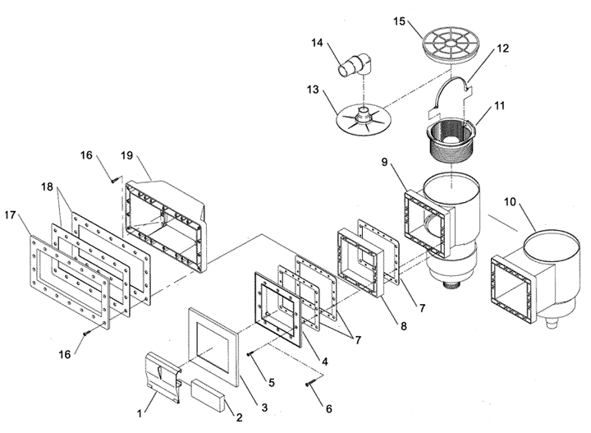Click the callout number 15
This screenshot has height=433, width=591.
tap(399, 21)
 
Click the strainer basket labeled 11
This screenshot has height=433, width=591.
tap(451, 140)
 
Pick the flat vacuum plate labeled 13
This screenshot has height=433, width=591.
tap(364, 120)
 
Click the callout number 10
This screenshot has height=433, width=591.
tap(510, 202)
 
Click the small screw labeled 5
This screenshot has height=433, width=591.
tap(249, 354)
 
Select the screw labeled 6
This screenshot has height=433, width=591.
tap(309, 384)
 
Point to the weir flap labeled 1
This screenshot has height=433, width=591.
tap(163, 376)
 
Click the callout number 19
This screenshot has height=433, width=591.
tap(127, 155)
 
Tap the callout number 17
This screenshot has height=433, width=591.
tap(10, 215)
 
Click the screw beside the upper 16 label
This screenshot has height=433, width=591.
tap(114, 180)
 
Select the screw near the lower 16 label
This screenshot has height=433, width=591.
tap(87, 333)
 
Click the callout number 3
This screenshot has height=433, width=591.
tap(264, 407)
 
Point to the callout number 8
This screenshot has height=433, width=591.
tap(404, 325)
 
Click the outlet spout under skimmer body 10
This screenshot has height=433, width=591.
tap(551, 323)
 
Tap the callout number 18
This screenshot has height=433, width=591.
tap(47, 187)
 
